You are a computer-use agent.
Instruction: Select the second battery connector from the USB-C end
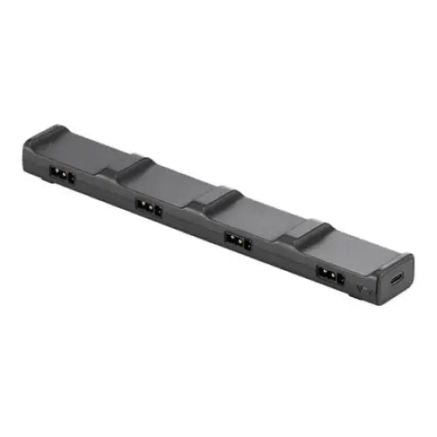237,239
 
